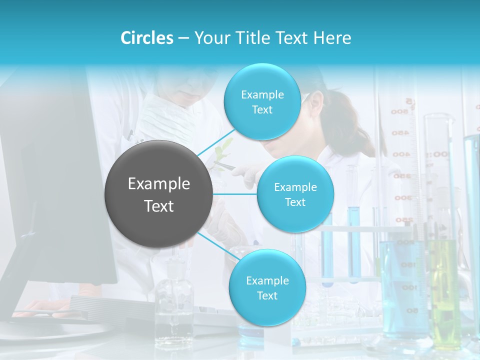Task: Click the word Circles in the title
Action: coord(147,38)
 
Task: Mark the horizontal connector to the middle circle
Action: coord(235,194)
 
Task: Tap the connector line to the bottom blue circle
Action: coord(218,246)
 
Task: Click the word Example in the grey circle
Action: coord(159,184)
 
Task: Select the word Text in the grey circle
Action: coord(159,206)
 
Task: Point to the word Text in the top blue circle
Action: coord(262,110)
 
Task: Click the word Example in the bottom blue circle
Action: coord(267,281)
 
